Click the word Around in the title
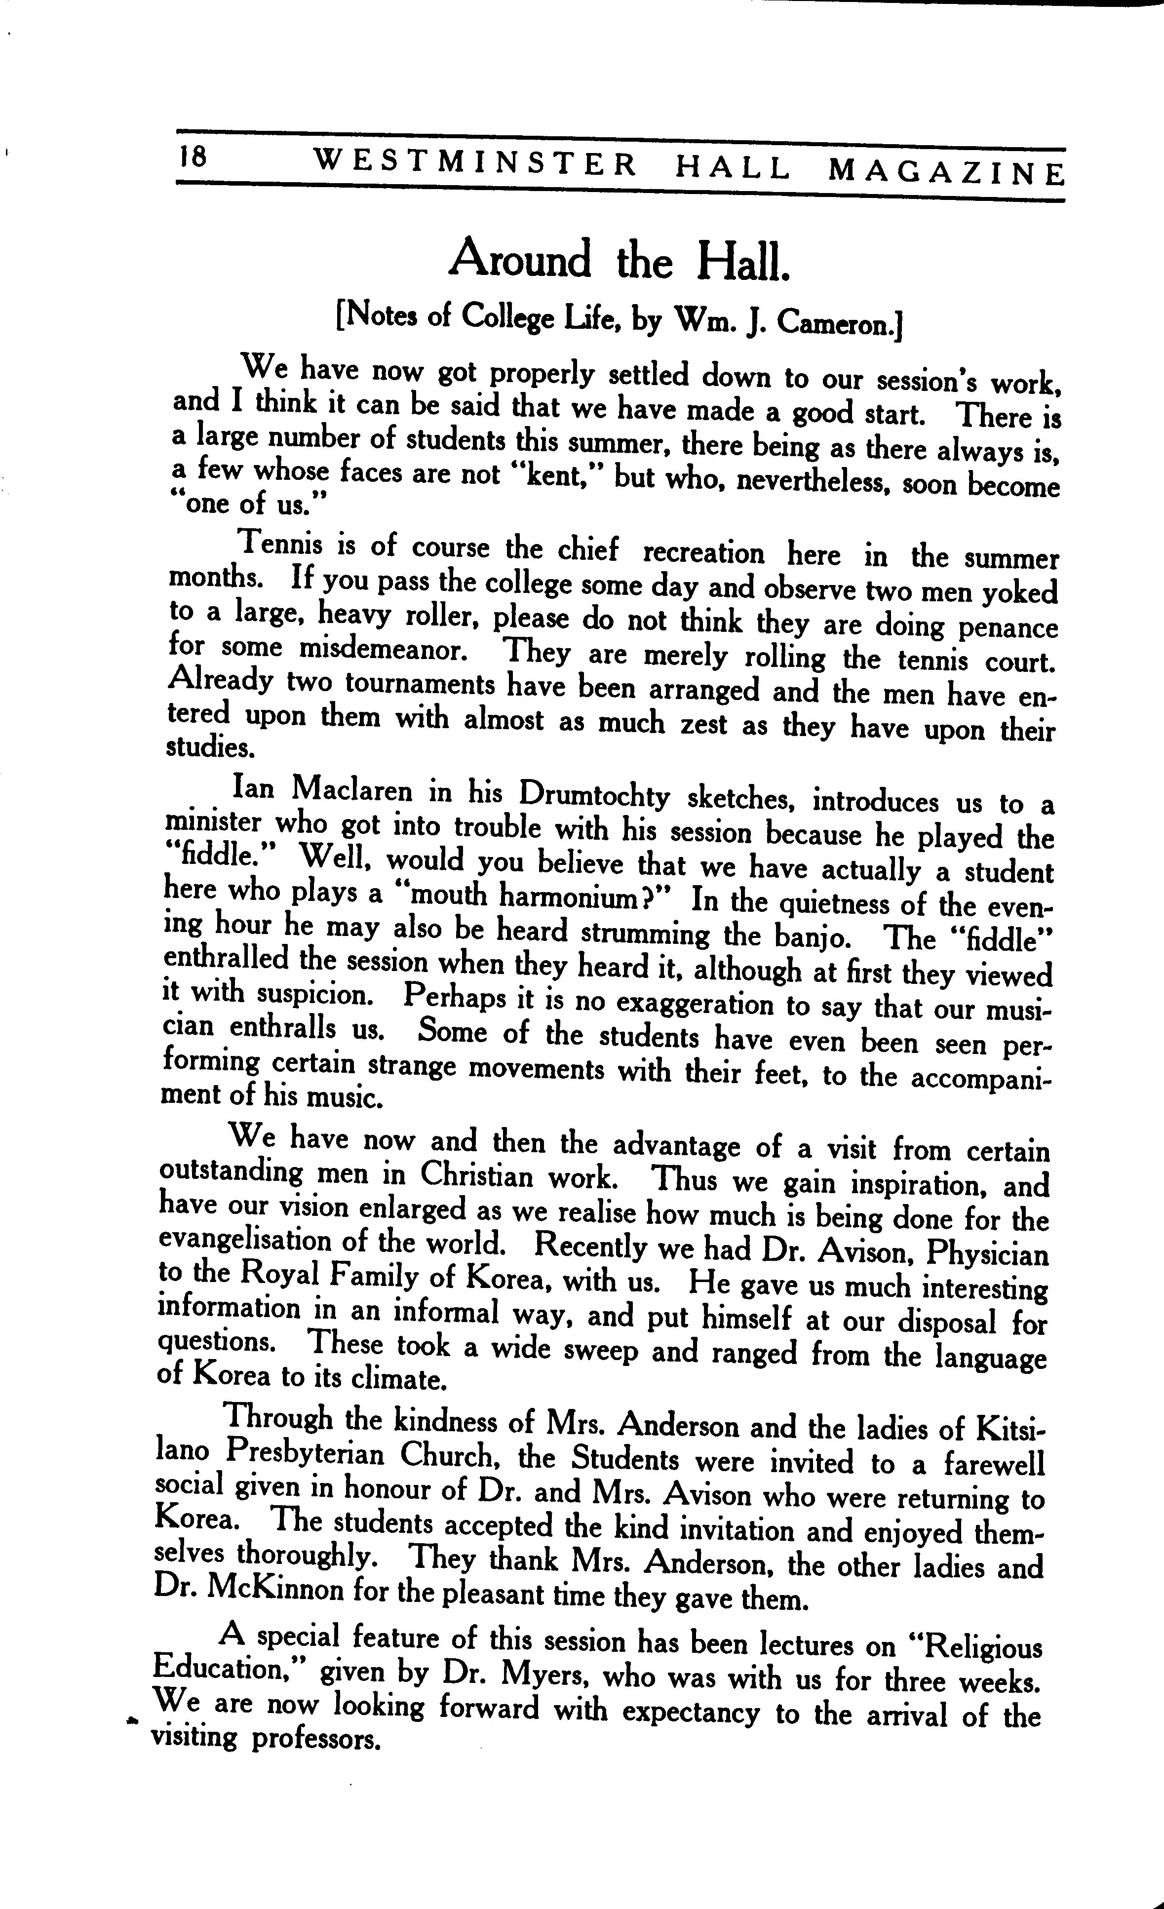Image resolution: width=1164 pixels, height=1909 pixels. click(x=520, y=259)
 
